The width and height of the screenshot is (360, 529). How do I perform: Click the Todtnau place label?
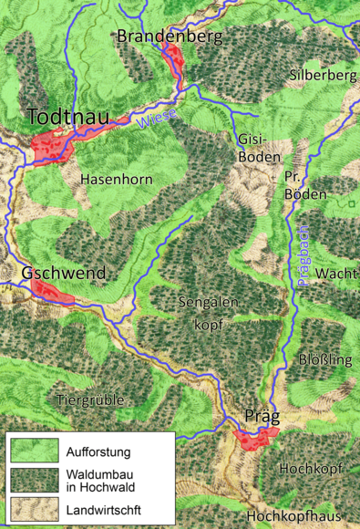pos(67,118)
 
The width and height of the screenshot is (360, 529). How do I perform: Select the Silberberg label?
pos(320,73)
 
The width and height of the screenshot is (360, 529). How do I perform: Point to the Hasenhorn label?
pos(116,179)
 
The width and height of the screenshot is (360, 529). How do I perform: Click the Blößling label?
pos(325,359)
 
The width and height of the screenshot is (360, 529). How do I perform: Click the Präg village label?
pos(262,416)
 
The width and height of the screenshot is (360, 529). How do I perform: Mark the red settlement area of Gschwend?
pos(53,291)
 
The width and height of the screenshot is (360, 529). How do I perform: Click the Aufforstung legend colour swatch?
pos(34,451)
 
